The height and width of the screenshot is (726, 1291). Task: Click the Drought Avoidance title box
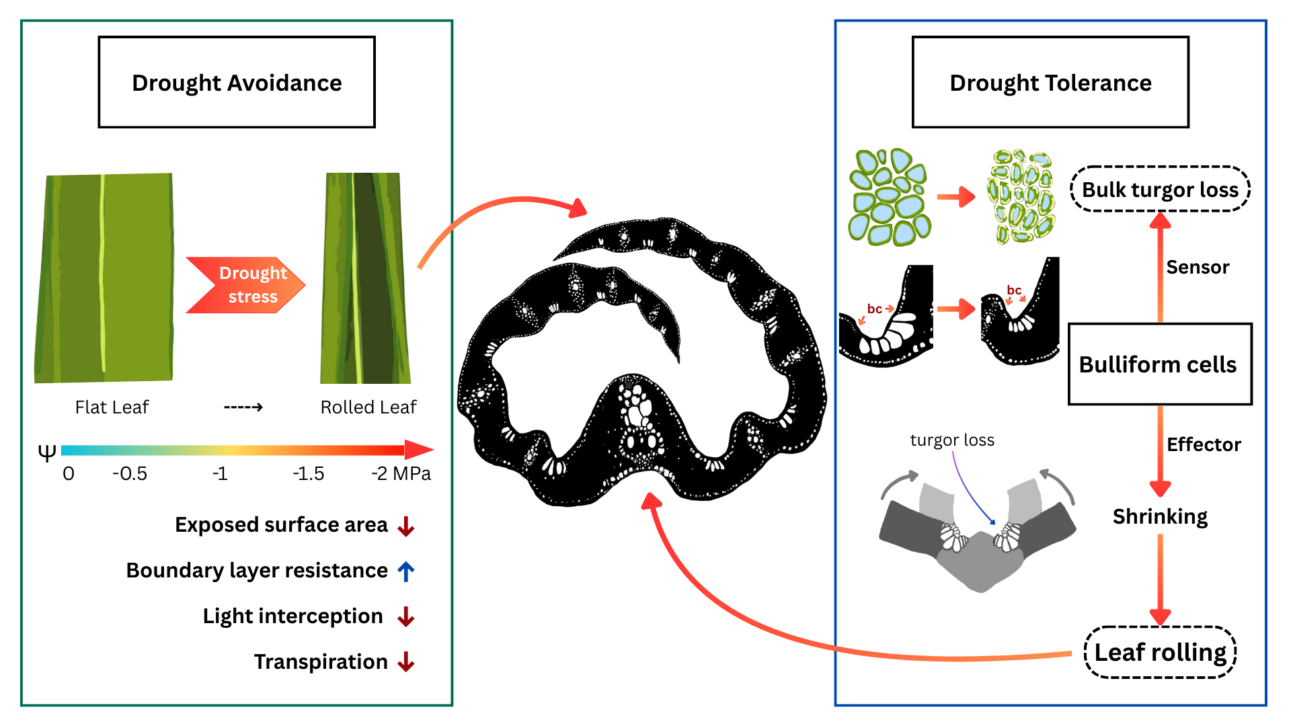click(x=237, y=82)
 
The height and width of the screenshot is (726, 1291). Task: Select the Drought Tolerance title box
click(x=1050, y=82)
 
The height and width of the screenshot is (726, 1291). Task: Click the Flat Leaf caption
click(x=112, y=407)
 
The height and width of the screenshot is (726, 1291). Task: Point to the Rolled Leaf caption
click(x=368, y=407)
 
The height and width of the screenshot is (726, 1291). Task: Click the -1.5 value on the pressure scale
click(x=309, y=474)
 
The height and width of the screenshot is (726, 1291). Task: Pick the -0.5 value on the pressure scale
click(x=130, y=474)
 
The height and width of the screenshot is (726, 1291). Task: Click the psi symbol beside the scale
click(x=47, y=453)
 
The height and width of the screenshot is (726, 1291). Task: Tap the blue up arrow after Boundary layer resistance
click(x=406, y=571)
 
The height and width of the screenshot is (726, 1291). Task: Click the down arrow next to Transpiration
click(x=406, y=662)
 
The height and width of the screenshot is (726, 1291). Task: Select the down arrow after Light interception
click(x=406, y=616)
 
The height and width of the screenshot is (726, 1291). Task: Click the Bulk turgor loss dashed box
click(x=1160, y=190)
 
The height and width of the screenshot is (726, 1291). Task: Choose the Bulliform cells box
click(x=1160, y=364)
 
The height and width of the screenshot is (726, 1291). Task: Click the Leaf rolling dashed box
click(x=1161, y=652)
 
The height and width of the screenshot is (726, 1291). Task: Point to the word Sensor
click(x=1198, y=268)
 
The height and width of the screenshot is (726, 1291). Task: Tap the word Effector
click(x=1204, y=445)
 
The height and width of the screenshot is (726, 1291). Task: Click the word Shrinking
click(x=1160, y=516)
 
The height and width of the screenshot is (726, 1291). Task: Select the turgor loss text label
click(x=952, y=440)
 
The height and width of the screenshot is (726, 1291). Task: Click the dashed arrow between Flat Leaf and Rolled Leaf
click(x=243, y=407)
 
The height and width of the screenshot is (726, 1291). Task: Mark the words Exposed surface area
click(x=281, y=525)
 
